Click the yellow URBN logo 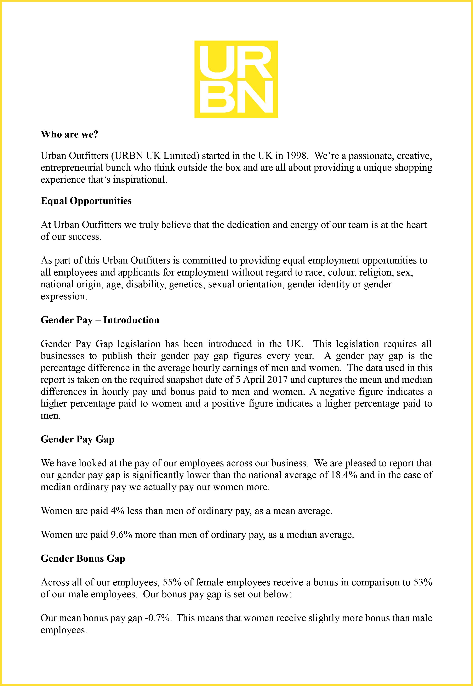(x=236, y=79)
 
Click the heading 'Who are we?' (x=69, y=134)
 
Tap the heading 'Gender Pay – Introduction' (x=100, y=320)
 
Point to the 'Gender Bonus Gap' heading (x=83, y=559)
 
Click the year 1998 (x=297, y=155)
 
